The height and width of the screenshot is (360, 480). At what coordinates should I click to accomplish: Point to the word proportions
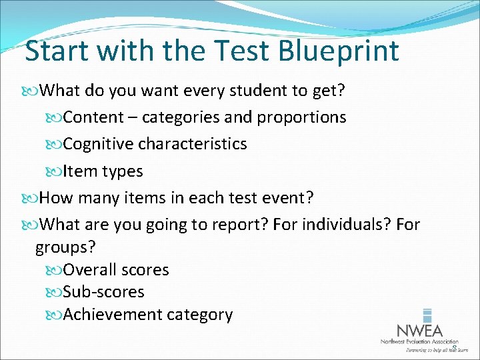coord(301,117)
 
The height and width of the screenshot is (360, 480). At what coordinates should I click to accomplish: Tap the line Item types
coord(103,171)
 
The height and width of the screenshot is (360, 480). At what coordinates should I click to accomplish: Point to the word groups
coord(65,247)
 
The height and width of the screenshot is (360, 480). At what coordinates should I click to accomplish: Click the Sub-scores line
coord(103,292)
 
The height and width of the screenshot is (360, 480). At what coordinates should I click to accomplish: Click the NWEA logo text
coord(419,331)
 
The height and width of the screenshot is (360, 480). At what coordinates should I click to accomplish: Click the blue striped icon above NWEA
coord(427,315)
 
